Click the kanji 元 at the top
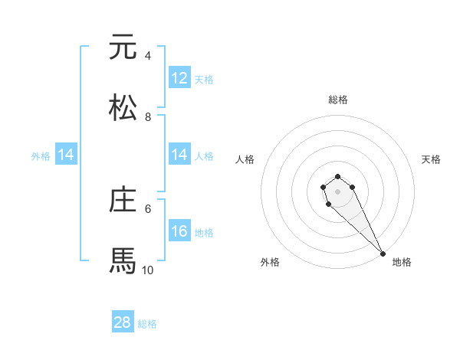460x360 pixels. point(123,47)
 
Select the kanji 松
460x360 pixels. point(123,107)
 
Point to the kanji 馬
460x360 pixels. point(123,260)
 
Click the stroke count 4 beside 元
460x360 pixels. point(148,56)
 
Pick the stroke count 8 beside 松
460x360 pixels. point(148,116)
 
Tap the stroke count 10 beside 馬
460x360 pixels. point(148,270)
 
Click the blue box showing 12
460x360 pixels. point(179,78)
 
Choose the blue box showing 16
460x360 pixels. point(179,231)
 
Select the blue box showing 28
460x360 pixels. point(123,322)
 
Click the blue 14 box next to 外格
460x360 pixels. point(66,155)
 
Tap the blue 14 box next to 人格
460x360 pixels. point(179,155)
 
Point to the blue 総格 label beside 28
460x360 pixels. point(147,324)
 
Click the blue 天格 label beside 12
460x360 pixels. point(204,80)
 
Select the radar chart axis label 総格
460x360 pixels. point(338,100)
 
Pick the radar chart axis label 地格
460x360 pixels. point(402,262)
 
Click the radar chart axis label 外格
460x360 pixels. point(270,262)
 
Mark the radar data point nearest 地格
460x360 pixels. point(383,254)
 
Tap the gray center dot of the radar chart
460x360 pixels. point(337,191)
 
